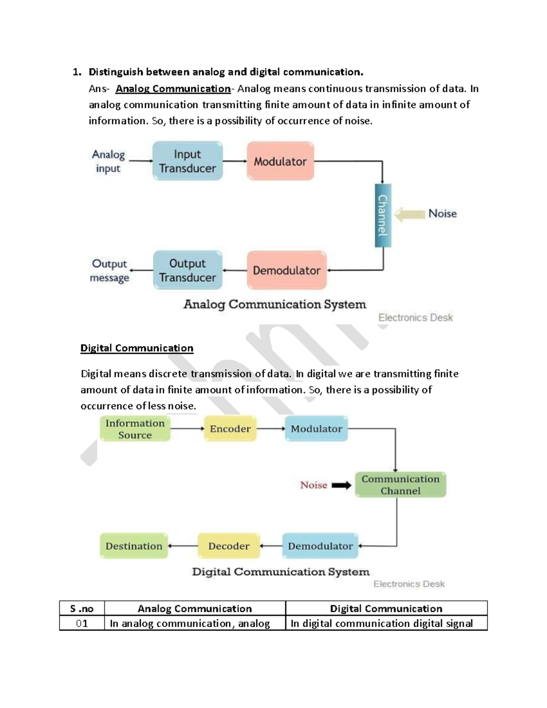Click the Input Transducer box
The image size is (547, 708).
coord(187,161)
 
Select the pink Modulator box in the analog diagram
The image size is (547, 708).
coord(280,161)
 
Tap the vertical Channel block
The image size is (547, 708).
coord(383,215)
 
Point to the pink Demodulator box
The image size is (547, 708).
coord(287,270)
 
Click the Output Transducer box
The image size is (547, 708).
coord(187,270)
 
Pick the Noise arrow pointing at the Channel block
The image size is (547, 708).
coord(409,214)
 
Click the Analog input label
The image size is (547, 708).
coord(108,161)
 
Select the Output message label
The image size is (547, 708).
coord(109,271)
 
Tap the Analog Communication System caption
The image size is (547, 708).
coord(274,305)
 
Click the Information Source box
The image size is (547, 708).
coord(135,429)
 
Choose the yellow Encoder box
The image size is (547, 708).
coord(230,429)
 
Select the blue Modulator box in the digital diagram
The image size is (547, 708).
coord(316,429)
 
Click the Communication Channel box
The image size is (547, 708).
coord(400,485)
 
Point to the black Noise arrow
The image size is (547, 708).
coord(341,486)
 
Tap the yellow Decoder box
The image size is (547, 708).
coord(229,546)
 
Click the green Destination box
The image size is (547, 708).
coord(134,546)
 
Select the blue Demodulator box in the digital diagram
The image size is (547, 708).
coord(320,546)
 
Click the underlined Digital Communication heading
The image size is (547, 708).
coord(137,348)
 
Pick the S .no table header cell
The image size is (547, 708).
coord(82,609)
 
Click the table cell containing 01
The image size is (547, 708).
coord(82,623)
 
